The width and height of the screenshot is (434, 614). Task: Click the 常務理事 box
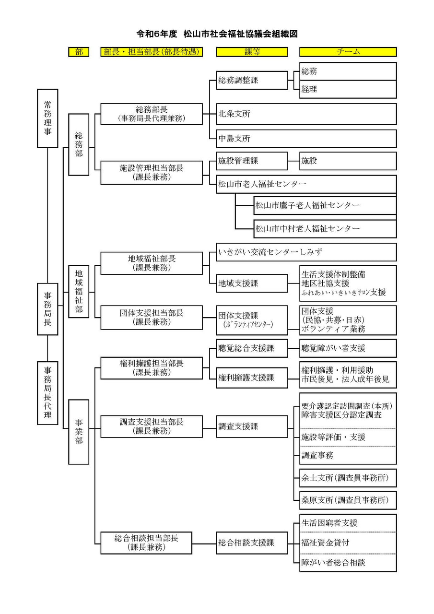[x=47, y=118]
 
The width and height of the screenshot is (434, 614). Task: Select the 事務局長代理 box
[x=47, y=392]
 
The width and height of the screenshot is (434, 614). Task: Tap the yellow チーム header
[x=348, y=52]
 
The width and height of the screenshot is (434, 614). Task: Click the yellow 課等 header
[x=252, y=52]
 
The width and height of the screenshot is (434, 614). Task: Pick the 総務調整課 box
[x=252, y=80]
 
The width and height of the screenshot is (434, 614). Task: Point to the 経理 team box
[x=348, y=89]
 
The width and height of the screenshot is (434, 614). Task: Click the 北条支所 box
[x=306, y=114]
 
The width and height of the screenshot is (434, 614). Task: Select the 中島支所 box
[x=306, y=139]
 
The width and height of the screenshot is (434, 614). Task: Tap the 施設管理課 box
[x=252, y=161]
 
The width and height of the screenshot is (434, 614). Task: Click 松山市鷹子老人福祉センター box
[x=325, y=205]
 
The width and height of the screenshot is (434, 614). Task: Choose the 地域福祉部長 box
[x=152, y=263]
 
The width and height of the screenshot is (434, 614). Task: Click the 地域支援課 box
[x=252, y=283]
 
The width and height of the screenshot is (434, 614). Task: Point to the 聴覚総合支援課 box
[x=252, y=348]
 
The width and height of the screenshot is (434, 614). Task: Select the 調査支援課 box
[x=252, y=426]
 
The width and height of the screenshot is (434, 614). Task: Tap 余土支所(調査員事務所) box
[x=348, y=478]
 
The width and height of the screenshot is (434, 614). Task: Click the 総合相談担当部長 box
[x=152, y=543]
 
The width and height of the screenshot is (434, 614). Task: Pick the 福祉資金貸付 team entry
[x=348, y=543]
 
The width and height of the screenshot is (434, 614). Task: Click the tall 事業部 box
[x=79, y=431]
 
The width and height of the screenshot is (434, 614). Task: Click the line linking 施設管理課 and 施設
[x=293, y=161]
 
